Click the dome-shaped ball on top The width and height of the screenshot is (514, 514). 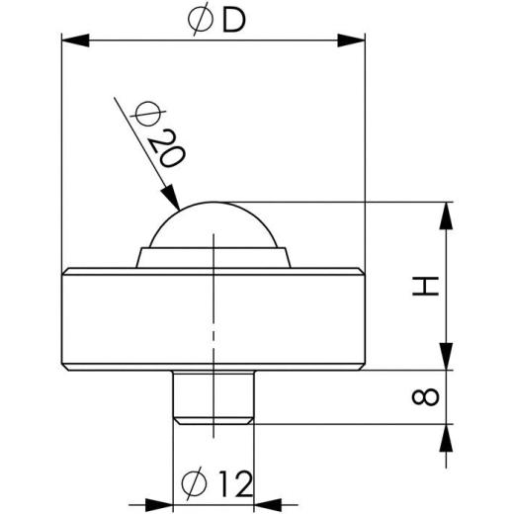[x=213, y=225]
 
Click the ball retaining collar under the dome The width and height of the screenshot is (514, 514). [x=213, y=258]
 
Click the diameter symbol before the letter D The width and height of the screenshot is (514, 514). [x=198, y=21]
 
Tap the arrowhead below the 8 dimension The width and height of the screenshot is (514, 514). [x=448, y=436]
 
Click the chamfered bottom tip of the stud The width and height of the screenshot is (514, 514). [x=213, y=418]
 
